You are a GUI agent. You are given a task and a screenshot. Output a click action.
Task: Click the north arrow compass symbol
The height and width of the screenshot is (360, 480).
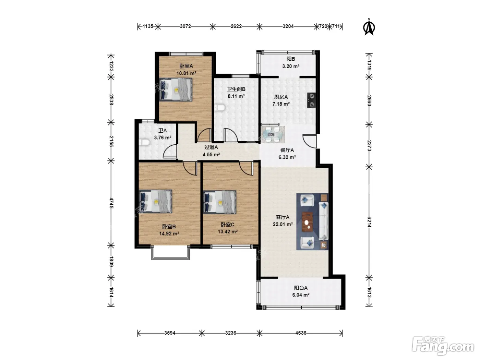pos(369,27)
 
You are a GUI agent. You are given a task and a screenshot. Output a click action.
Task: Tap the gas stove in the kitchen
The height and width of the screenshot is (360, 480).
pos(311,100)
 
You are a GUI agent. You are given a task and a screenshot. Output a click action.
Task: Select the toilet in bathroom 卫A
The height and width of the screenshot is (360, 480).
pos(144,143)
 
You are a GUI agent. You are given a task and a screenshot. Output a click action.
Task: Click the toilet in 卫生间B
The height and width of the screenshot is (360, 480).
pos(220,108)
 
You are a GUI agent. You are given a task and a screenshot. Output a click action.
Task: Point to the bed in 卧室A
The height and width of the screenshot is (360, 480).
pos(176,89)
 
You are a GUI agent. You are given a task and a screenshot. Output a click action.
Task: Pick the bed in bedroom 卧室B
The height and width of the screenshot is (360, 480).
pos(155,201)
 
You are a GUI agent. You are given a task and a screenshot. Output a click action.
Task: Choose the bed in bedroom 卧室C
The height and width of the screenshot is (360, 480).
pos(219,202)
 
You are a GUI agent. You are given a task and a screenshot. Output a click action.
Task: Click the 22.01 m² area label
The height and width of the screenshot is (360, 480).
pos(283,224)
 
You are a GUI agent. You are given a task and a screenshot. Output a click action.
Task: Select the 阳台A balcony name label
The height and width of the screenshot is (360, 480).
pos(301,288)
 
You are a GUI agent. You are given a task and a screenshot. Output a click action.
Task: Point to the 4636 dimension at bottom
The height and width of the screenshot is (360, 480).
pos(301,333)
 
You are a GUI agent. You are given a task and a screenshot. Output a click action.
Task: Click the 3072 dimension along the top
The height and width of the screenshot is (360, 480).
pos(185,26)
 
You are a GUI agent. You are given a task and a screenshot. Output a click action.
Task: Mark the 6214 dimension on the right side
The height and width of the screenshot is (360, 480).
pos(369,222)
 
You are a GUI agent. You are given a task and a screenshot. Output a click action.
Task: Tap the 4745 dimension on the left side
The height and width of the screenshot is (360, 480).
pos(111,203)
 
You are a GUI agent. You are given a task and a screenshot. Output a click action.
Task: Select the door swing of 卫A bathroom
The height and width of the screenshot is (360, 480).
pos(170,151)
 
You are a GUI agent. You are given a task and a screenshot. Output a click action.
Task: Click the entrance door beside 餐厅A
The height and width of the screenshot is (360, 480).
pos(310,141)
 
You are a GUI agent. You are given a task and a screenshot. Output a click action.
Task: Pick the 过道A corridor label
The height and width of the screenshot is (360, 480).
pos(211,147)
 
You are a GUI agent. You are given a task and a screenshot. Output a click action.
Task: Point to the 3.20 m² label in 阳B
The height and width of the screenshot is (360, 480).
pos(291,66)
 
